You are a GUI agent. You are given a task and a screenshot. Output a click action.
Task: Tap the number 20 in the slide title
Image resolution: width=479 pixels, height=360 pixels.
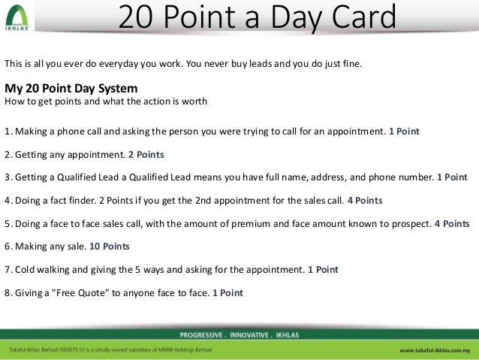[139, 17]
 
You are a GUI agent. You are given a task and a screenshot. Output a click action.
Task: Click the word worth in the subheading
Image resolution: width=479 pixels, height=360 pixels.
[194, 101]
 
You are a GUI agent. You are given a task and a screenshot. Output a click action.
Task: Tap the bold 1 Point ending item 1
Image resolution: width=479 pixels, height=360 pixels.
[404, 131]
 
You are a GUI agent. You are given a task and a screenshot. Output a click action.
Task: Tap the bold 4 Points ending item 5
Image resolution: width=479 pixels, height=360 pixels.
[452, 224]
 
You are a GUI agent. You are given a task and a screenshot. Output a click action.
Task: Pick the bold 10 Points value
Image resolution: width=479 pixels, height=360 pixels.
[110, 247]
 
